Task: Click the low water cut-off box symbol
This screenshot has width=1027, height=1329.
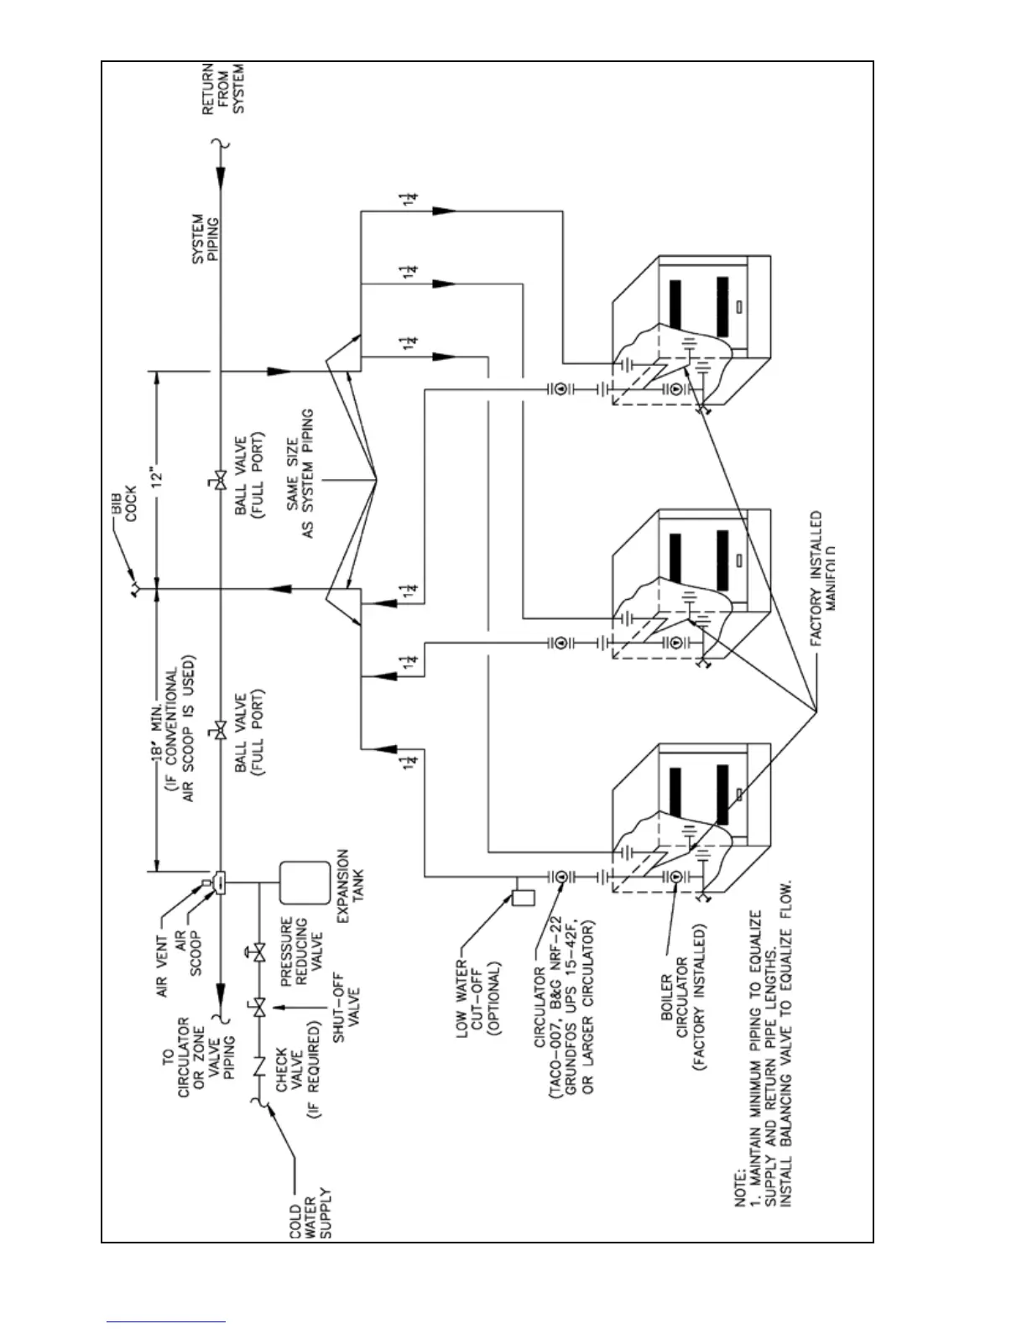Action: click(523, 897)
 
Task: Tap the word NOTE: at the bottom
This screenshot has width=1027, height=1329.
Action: click(741, 1186)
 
